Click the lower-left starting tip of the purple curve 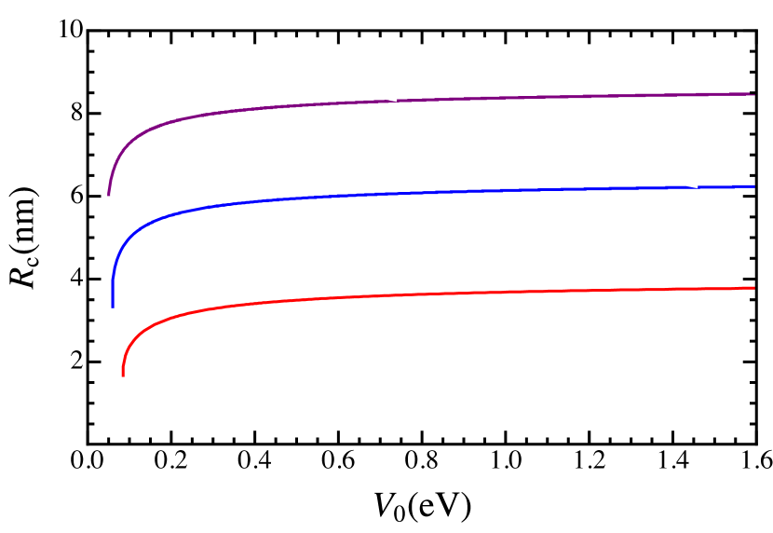pyautogui.click(x=109, y=195)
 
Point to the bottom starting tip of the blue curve pyautogui.click(x=113, y=307)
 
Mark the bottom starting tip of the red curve pyautogui.click(x=122, y=376)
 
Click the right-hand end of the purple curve pyautogui.click(x=753, y=94)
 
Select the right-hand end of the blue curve pyautogui.click(x=753, y=186)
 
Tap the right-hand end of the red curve pyautogui.click(x=753, y=288)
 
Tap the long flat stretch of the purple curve pyautogui.click(x=512, y=98)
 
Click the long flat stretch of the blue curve pyautogui.click(x=512, y=190)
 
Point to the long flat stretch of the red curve pyautogui.click(x=512, y=293)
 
